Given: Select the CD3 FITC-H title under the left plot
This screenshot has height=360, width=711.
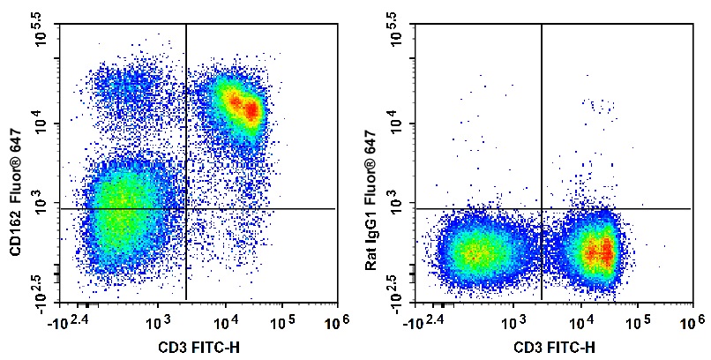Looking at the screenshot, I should click(197, 347).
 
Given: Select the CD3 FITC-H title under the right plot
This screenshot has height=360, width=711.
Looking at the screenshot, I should click(551, 347).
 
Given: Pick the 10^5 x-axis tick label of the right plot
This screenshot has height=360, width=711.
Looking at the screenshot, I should click(637, 322).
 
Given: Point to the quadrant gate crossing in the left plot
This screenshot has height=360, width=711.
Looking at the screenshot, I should click(187, 209).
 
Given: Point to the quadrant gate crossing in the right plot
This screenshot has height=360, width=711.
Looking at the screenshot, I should click(542, 209).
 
